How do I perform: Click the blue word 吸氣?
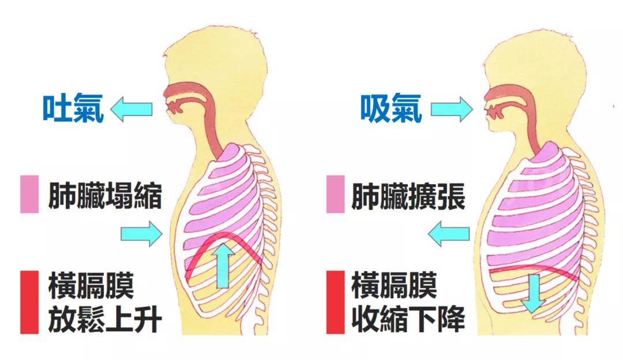[391, 108]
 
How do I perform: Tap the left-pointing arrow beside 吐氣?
[131, 108]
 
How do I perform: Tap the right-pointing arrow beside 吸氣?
[451, 108]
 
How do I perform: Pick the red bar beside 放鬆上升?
[29, 302]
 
